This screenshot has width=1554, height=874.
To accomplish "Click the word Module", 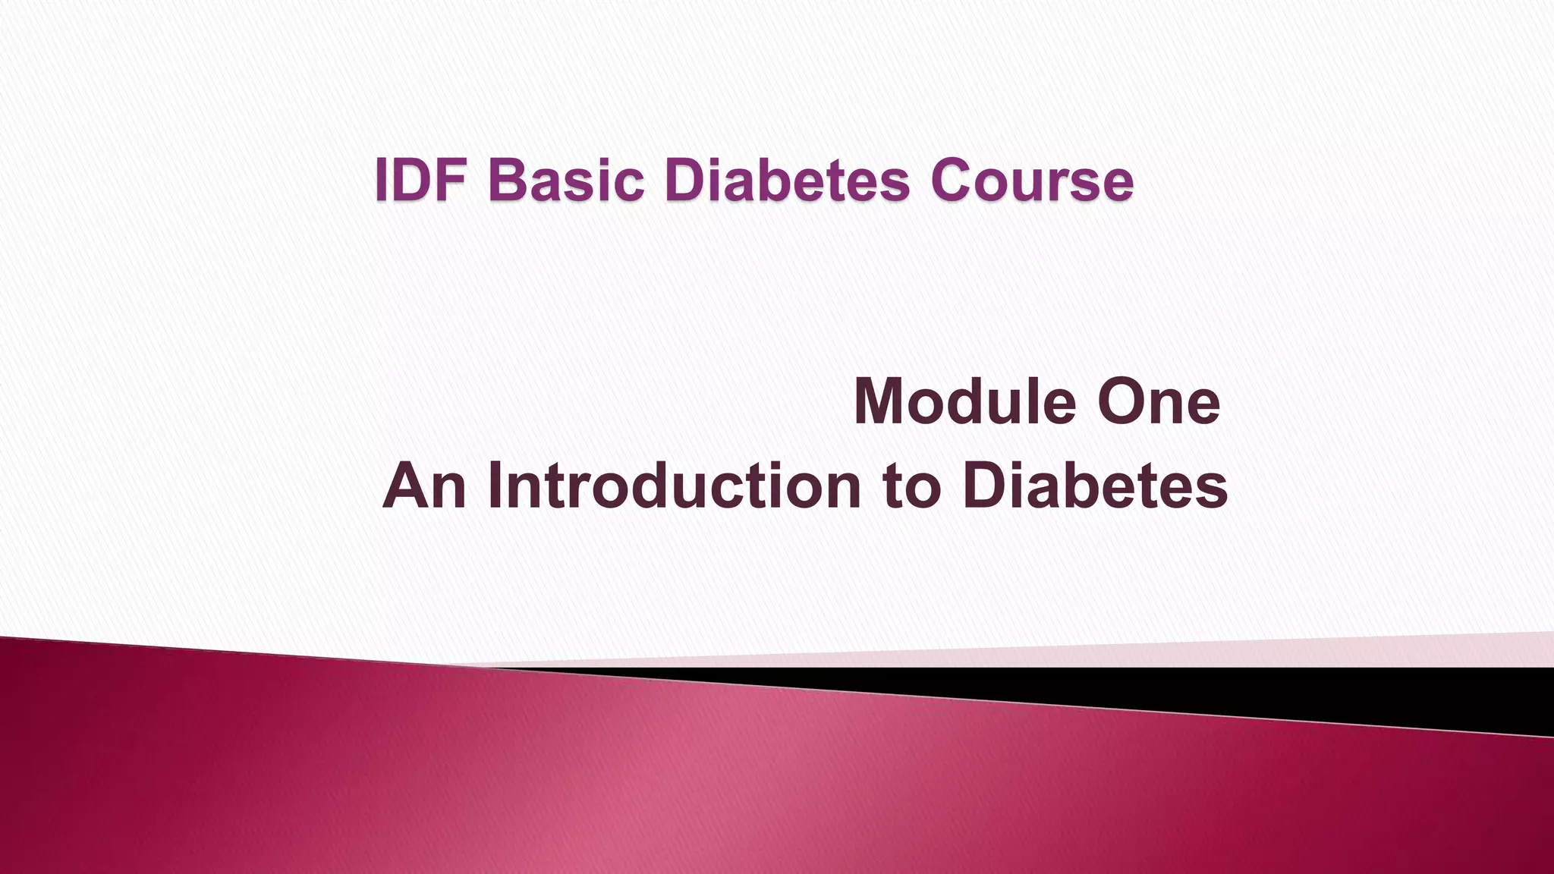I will click(x=964, y=401).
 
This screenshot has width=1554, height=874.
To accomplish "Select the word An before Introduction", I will click(x=424, y=486).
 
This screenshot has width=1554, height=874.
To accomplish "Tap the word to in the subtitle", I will click(x=911, y=486).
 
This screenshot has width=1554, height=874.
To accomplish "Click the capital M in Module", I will click(x=879, y=401).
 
